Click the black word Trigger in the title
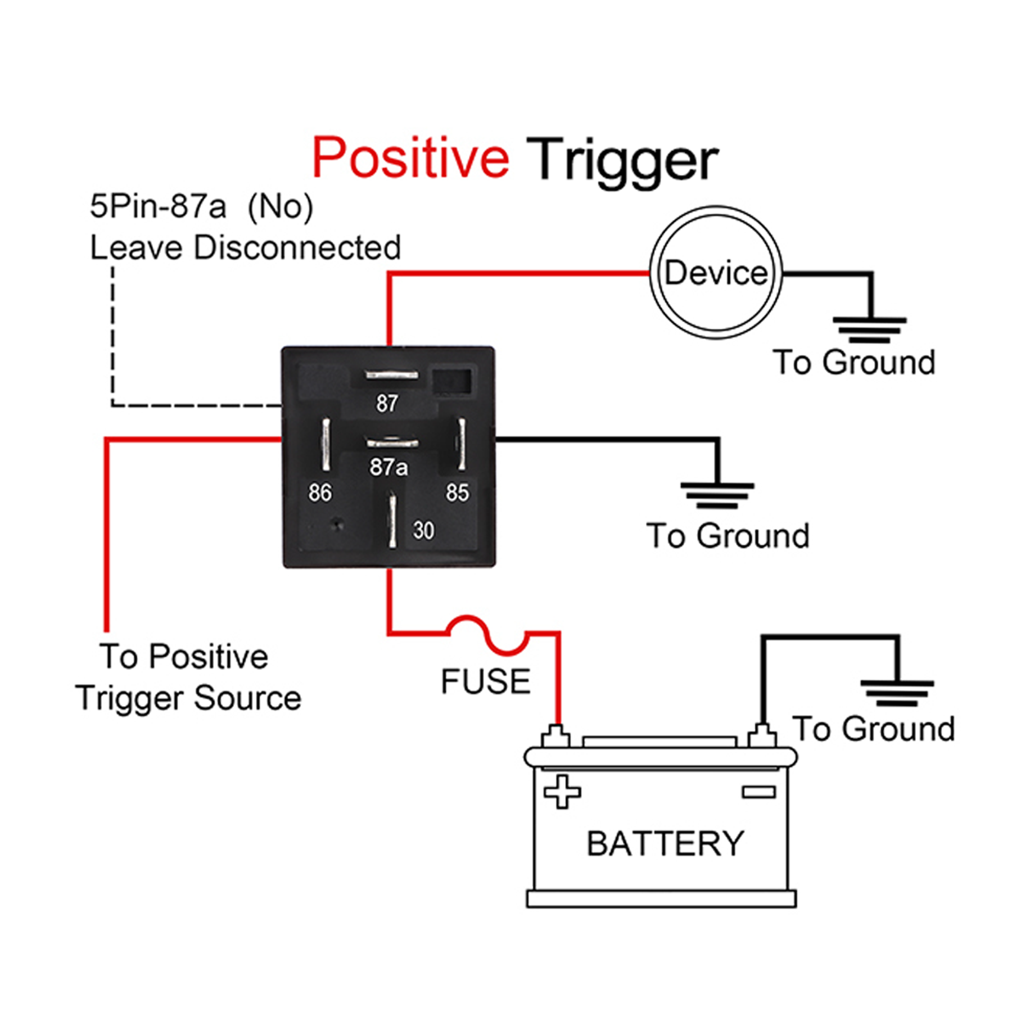click(x=621, y=160)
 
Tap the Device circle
click(x=716, y=273)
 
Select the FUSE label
click(x=485, y=681)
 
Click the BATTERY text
click(x=665, y=843)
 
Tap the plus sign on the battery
click(x=562, y=792)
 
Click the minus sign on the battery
click(x=758, y=792)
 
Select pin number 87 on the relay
click(x=387, y=403)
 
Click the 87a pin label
click(x=388, y=467)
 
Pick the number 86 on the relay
click(x=320, y=493)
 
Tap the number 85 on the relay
click(x=457, y=493)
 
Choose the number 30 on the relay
click(x=423, y=530)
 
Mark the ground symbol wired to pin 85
click(x=717, y=495)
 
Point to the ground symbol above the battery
click(x=897, y=693)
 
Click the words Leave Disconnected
click(x=245, y=248)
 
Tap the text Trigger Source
click(x=188, y=698)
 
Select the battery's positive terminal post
click(x=555, y=735)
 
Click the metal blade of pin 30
click(x=392, y=520)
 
